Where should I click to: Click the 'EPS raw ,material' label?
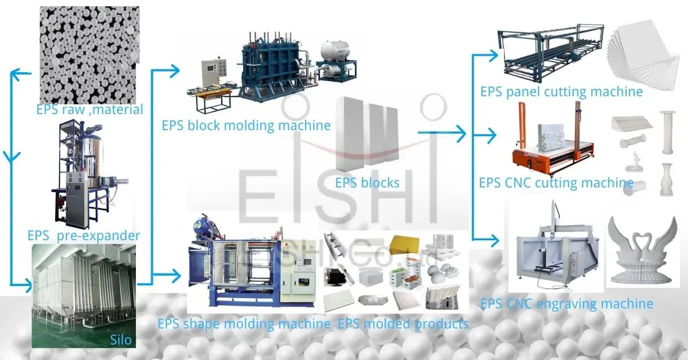(x=89, y=109)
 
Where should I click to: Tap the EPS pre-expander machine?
(x=86, y=172)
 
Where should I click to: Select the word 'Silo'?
(x=120, y=340)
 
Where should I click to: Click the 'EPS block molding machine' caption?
(x=246, y=125)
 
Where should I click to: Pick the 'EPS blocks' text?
(x=367, y=183)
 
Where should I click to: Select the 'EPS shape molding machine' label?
(x=244, y=324)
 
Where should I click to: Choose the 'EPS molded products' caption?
(x=402, y=324)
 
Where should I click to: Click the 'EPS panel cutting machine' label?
(x=561, y=92)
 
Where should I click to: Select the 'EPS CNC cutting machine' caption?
(x=556, y=183)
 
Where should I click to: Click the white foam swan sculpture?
(x=642, y=252)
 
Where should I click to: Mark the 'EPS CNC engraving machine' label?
(x=566, y=303)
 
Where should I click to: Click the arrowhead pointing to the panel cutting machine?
(x=494, y=56)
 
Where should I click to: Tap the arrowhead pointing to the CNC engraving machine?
(x=494, y=237)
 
